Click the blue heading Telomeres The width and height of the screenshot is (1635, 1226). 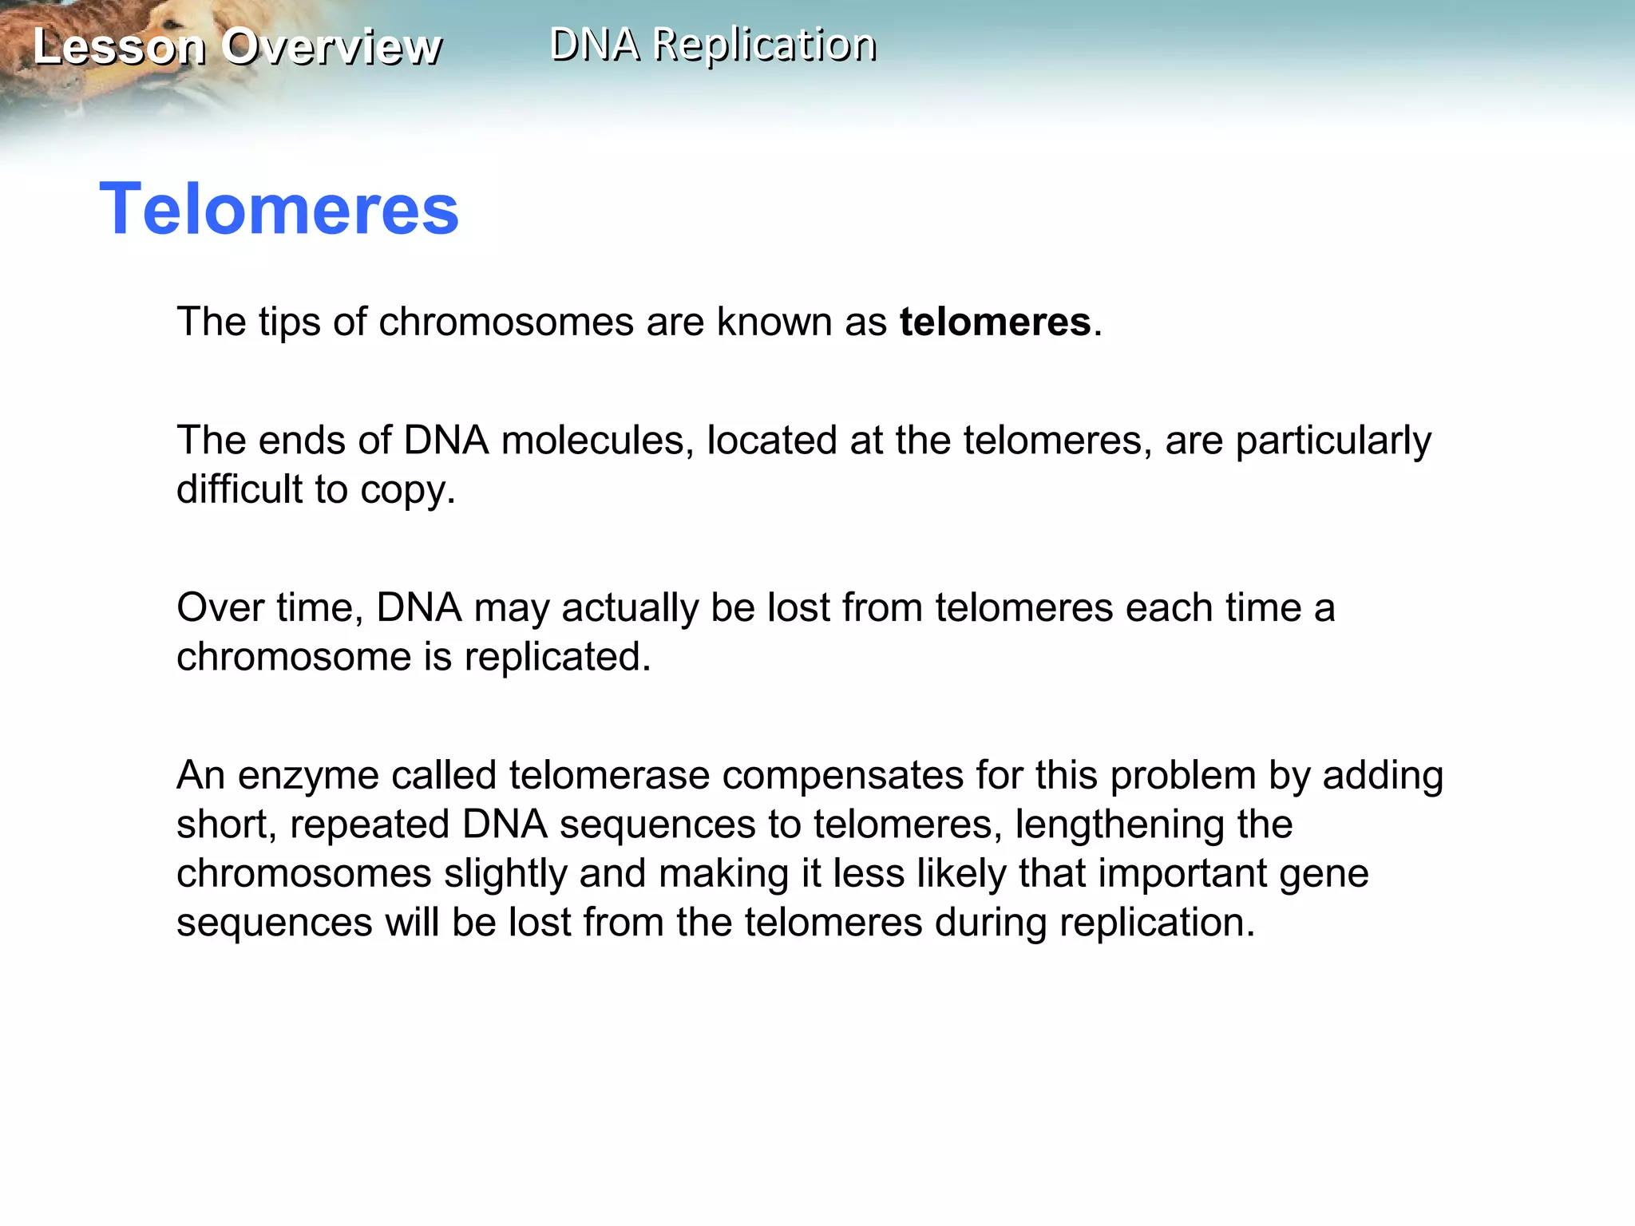(x=279, y=209)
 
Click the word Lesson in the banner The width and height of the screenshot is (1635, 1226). (x=120, y=46)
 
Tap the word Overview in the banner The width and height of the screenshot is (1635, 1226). (x=331, y=46)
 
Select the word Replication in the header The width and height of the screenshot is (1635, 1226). (x=764, y=44)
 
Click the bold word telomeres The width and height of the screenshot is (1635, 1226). (x=995, y=322)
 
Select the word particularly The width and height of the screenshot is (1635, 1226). (x=1333, y=441)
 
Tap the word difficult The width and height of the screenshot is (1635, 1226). (x=240, y=489)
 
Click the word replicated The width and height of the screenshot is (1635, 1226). (x=557, y=657)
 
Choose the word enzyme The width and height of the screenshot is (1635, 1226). (x=308, y=777)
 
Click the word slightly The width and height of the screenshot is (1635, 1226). (x=505, y=873)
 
